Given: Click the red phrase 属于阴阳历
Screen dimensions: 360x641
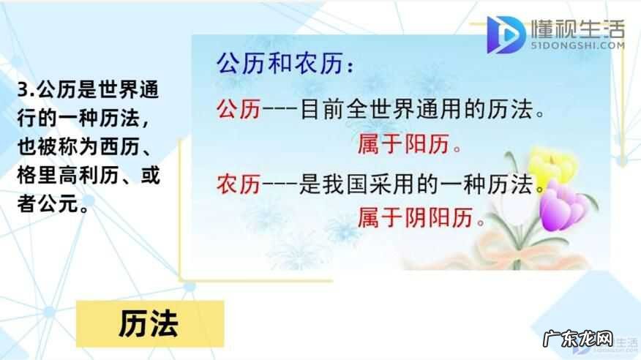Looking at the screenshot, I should point(421,217).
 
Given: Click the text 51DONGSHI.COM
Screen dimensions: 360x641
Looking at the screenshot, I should point(578,45).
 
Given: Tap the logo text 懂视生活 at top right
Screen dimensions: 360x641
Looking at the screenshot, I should point(578,29).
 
